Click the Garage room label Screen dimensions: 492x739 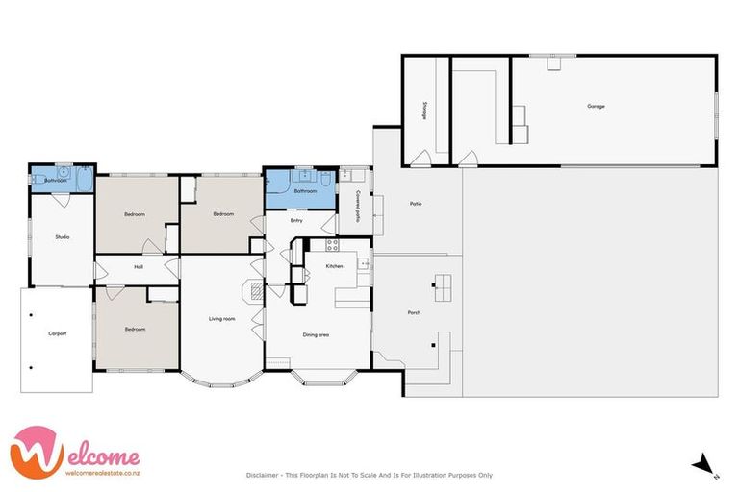(596, 106)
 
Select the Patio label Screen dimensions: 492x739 (416, 204)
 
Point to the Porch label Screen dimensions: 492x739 (414, 312)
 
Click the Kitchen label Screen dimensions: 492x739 (334, 266)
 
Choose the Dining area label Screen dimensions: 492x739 (318, 334)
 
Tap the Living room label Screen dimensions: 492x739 (222, 319)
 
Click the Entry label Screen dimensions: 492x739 (298, 219)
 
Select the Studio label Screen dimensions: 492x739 (62, 236)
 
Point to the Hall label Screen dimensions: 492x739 (139, 267)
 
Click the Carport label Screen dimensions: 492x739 (57, 333)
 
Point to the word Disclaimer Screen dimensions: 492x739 (265, 475)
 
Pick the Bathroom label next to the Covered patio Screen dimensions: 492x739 (306, 191)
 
